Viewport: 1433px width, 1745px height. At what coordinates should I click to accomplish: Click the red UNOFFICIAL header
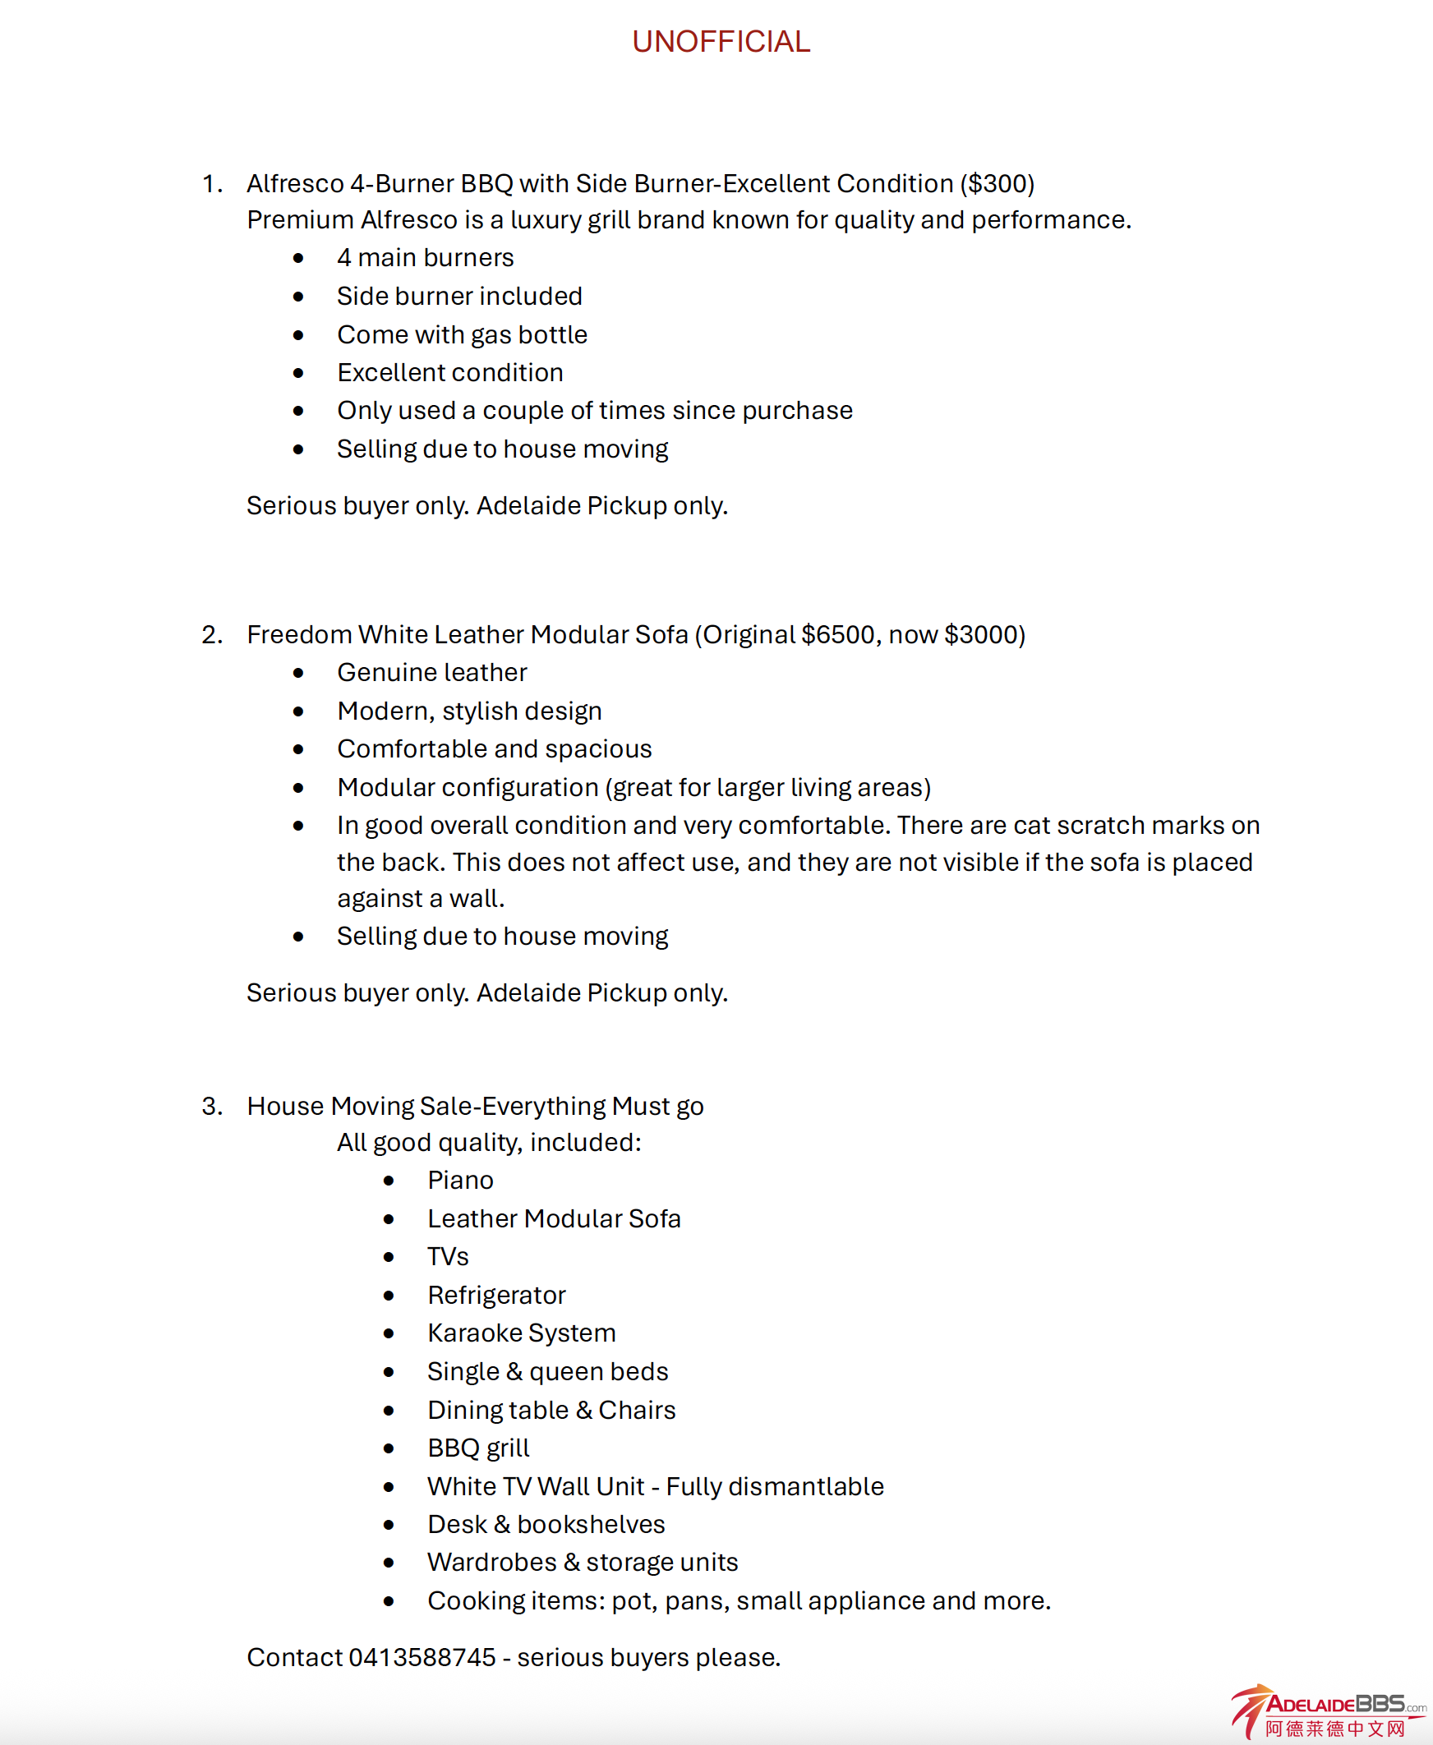[x=721, y=41]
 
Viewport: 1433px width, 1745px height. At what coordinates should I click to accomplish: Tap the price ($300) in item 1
[x=997, y=183]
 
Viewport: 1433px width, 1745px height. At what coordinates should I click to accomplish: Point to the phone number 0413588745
[x=422, y=1656]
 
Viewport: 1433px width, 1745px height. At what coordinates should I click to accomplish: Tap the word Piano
[x=460, y=1180]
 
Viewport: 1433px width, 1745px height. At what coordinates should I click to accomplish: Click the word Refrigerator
[x=496, y=1294]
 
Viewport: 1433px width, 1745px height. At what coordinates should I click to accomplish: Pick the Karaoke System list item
[x=521, y=1333]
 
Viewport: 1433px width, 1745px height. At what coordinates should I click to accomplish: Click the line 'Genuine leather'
[x=431, y=672]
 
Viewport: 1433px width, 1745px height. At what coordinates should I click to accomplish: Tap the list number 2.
[x=211, y=634]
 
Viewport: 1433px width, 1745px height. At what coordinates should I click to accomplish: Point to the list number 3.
[x=211, y=1105]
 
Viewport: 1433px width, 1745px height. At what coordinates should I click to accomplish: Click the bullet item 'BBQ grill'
[x=478, y=1447]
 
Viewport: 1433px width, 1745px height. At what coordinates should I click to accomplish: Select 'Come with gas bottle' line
[x=462, y=334]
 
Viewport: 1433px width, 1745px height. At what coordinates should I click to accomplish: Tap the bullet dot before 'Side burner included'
[x=298, y=297]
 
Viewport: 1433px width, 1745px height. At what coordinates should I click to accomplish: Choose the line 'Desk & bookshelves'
[x=546, y=1524]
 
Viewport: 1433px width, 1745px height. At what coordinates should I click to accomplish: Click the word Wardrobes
[x=492, y=1562]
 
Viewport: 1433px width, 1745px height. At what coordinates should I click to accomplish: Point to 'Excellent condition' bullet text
[x=450, y=372]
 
